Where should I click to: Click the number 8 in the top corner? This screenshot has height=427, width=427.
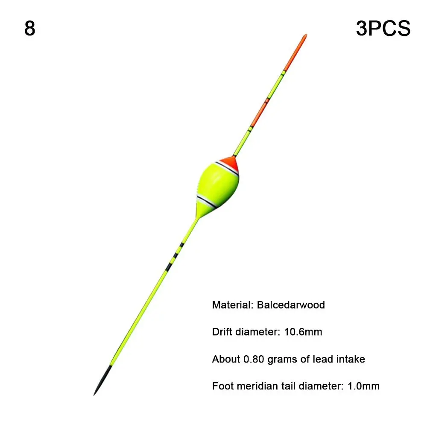coord(30,28)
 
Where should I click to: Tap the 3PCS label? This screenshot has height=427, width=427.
coord(383,28)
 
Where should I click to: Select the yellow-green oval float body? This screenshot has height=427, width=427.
coord(218,183)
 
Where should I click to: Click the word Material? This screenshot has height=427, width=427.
coord(232,305)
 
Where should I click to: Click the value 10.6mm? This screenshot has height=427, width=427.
coord(303,332)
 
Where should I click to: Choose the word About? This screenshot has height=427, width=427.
coord(226,360)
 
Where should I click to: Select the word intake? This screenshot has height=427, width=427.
coord(349,360)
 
